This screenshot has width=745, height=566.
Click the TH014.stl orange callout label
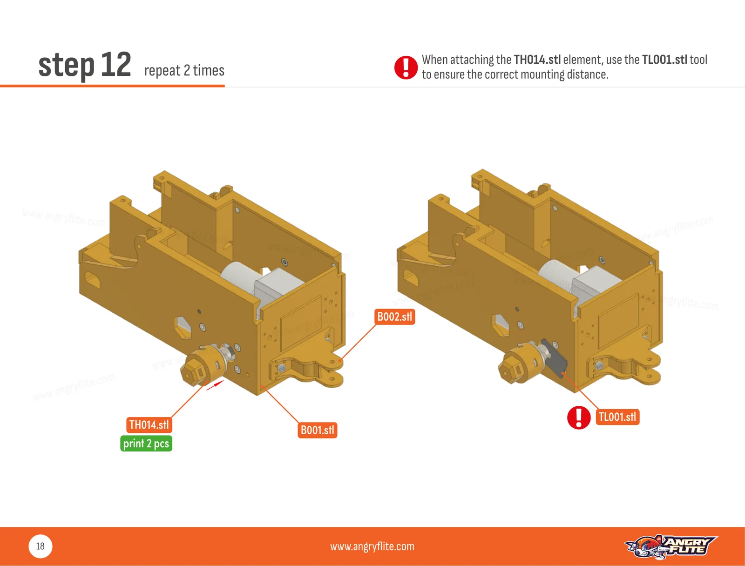[x=149, y=424]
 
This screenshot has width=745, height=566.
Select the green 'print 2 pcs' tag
[x=146, y=444]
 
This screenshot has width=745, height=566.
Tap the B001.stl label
[x=318, y=430]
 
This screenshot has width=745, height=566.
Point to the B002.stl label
[x=394, y=317]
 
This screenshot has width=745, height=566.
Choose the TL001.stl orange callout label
[x=617, y=417]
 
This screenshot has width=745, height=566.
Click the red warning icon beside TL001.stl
[x=579, y=418]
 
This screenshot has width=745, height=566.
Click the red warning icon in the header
[x=406, y=67]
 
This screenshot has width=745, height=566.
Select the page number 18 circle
[x=41, y=546]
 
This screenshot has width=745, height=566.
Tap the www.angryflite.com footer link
[x=372, y=546]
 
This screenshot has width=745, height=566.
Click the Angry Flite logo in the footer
[x=671, y=546]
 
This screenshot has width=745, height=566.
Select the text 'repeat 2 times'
[x=184, y=71]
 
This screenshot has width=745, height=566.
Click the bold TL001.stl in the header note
[x=664, y=60]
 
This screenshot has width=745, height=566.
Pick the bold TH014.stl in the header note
[x=537, y=60]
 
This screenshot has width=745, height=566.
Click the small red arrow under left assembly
[x=215, y=385]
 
